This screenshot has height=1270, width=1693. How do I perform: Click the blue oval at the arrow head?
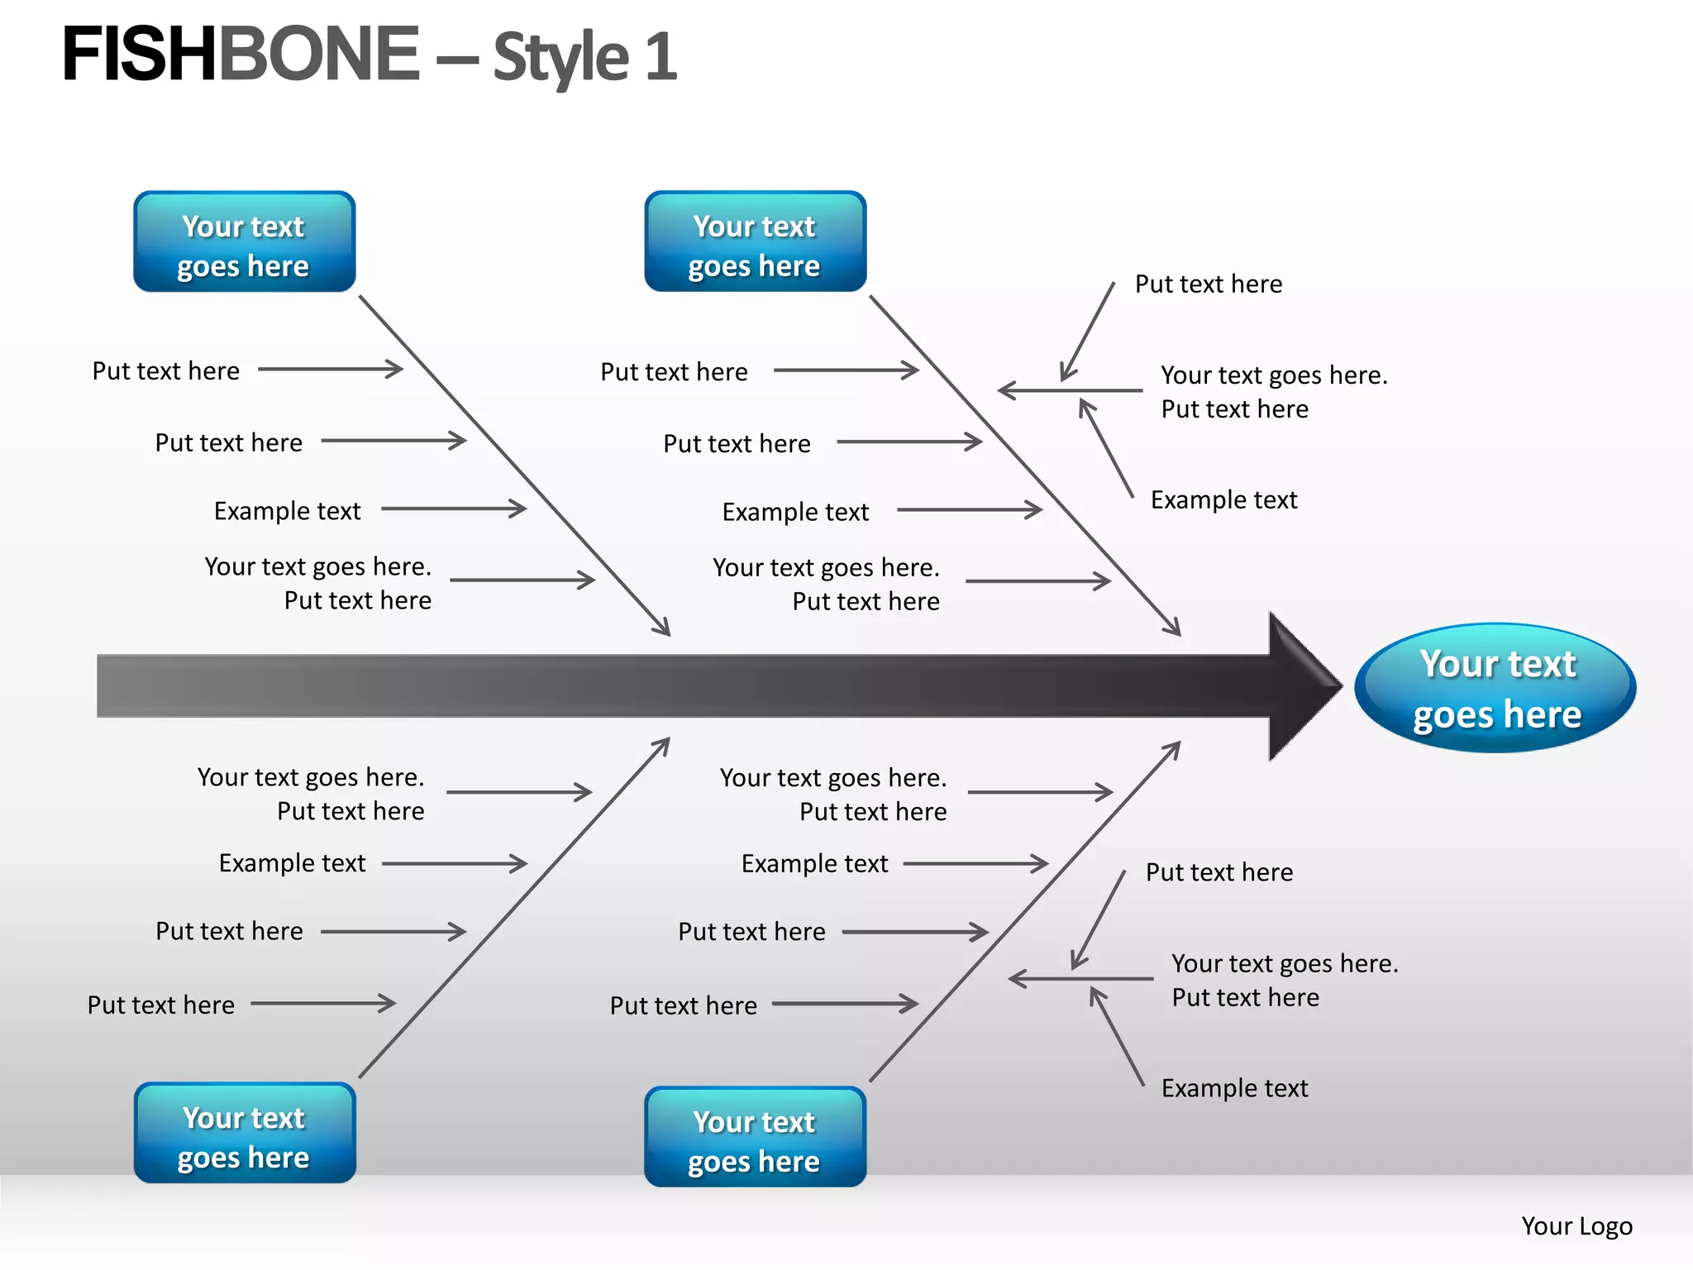[1495, 688]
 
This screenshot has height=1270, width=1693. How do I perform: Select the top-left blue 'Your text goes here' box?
[244, 242]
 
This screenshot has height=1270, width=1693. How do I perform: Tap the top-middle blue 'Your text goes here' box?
[755, 242]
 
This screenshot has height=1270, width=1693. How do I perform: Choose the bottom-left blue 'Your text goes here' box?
[244, 1134]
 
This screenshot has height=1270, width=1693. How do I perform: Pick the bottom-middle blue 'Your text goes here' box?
[755, 1138]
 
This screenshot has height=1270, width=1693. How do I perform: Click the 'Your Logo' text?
[1576, 1225]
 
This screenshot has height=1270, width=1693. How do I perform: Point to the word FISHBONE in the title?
[240, 55]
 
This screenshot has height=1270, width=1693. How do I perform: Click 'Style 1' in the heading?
[584, 58]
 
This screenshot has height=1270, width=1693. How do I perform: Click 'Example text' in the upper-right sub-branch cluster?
[1223, 499]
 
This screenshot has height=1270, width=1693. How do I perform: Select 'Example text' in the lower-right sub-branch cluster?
[1234, 1088]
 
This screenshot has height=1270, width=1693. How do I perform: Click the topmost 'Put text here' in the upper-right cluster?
[1208, 284]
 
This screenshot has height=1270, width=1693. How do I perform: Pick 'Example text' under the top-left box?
[287, 511]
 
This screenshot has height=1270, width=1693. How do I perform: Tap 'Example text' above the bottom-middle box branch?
[814, 864]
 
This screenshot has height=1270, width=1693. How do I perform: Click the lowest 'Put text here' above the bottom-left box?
[161, 1005]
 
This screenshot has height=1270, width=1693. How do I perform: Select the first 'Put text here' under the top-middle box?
[674, 372]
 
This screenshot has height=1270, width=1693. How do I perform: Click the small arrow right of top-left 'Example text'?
[454, 508]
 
